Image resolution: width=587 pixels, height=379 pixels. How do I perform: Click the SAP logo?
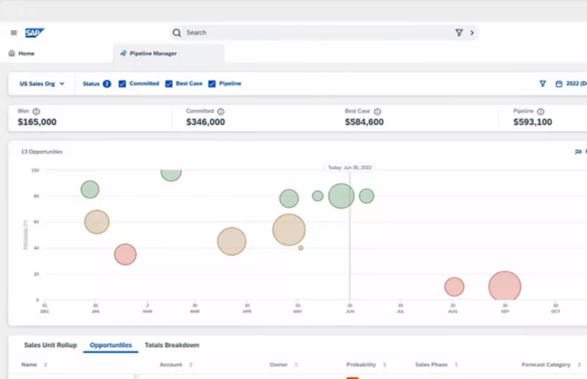pos(34,33)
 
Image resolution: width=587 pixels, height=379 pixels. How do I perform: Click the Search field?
pos(319,33)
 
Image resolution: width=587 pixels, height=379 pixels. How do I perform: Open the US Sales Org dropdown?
pos(41,84)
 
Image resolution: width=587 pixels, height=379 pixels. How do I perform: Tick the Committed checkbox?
pos(122,84)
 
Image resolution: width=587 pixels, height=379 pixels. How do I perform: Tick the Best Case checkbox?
pos(169,84)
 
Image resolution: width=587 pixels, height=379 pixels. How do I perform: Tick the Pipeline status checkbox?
pos(212,84)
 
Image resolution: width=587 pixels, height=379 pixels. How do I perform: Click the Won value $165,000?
pos(37,122)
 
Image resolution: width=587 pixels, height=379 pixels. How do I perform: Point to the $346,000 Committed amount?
pos(205,122)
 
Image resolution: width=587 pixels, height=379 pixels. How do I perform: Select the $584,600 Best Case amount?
pos(364,122)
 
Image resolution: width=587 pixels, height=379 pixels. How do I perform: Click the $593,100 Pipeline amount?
pos(532,122)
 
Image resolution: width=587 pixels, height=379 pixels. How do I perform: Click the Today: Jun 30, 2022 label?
pos(350,168)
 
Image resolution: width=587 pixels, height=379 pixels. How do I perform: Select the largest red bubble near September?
pos(505,287)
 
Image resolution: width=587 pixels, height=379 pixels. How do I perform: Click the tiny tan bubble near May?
pos(300,248)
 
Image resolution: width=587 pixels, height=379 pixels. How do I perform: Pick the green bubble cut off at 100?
pos(171,173)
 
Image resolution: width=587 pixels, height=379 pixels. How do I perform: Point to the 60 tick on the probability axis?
pos(36,221)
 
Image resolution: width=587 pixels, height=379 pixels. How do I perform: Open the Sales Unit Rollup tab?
pos(49,345)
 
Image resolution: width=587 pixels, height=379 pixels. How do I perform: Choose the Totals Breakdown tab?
pos(171,345)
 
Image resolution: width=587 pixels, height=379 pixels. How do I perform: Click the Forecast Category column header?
pos(545,365)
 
